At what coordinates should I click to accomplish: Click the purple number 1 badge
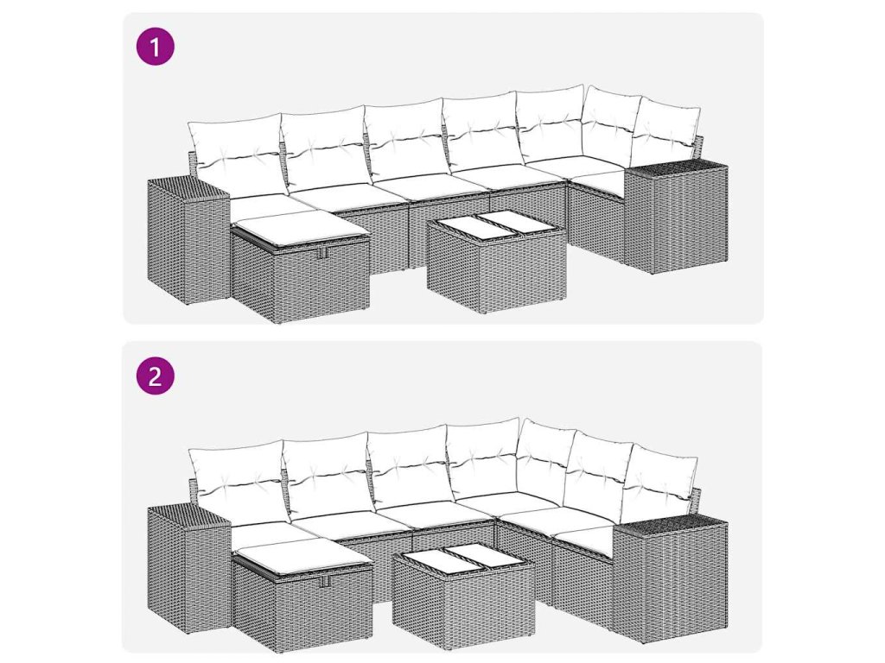click(156, 47)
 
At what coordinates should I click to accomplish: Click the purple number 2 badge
click(156, 376)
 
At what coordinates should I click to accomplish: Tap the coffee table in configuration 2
click(464, 595)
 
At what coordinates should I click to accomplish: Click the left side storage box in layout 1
click(188, 241)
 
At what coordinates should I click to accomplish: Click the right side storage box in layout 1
click(676, 216)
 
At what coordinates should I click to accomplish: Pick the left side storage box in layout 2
click(188, 568)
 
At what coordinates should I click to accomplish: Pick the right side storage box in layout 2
click(671, 580)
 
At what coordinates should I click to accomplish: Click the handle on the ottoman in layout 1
click(322, 254)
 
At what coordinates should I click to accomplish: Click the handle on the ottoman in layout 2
click(324, 582)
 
